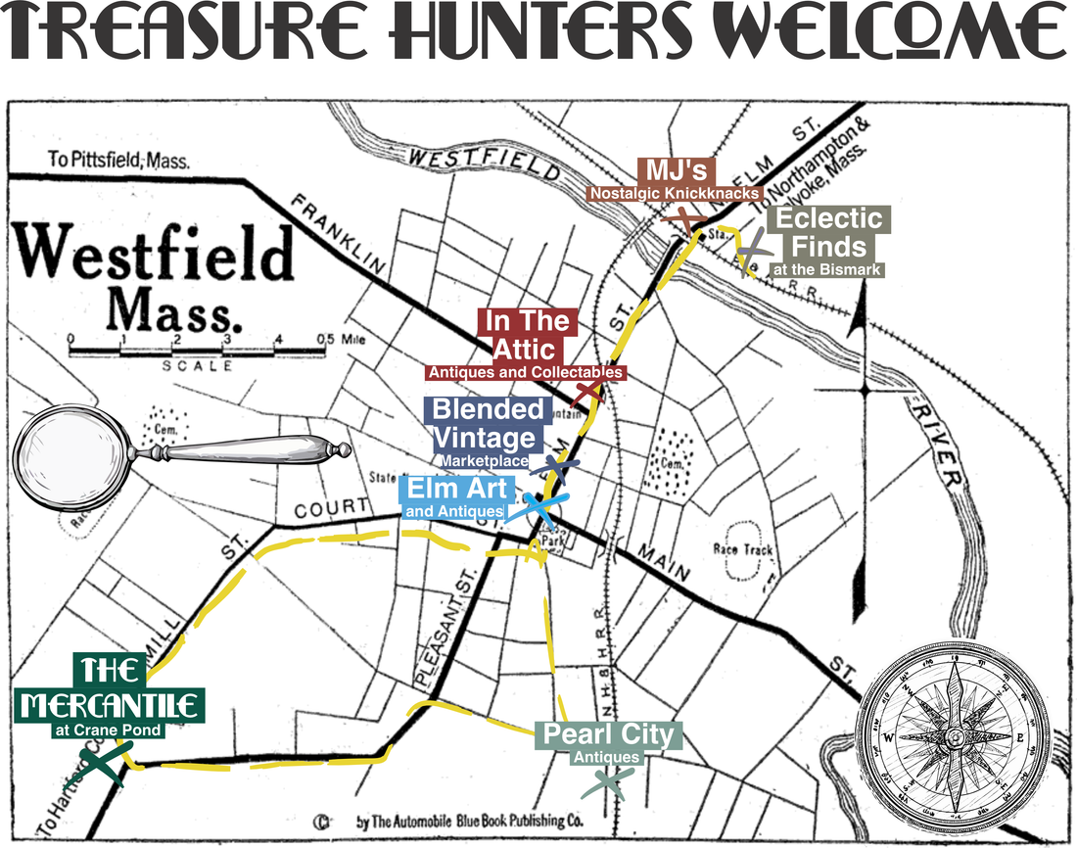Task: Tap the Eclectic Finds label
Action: (x=829, y=232)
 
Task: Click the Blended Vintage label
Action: (x=485, y=423)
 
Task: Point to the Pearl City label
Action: (x=608, y=735)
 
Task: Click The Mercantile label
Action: (x=112, y=690)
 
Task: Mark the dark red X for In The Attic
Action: (x=587, y=392)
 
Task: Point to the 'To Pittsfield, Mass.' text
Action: (x=118, y=161)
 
